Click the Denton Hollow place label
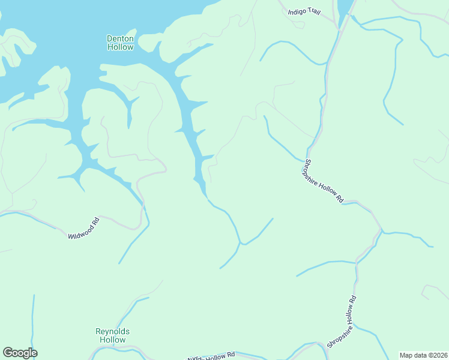pos(120,43)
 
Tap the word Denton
pos(120,38)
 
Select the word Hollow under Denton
pos(120,47)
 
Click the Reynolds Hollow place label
pos(112,335)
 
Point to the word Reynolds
pos(112,331)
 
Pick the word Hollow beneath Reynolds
pos(112,340)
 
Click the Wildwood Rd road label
pos(83,229)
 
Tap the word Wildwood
pos(79,230)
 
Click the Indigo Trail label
pos(304,11)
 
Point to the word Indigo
pos(297,11)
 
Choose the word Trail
pos(314,11)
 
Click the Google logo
pos(20,353)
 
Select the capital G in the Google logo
pos(8,352)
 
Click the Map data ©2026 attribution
pos(423,355)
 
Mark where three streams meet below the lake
pos(240,244)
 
